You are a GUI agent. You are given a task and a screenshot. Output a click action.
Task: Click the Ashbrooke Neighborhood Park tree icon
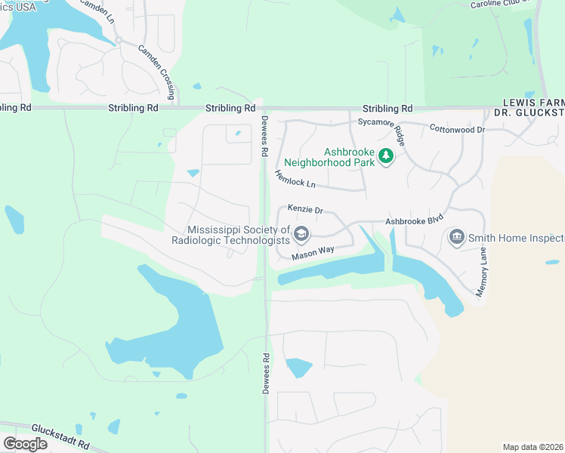[386, 156]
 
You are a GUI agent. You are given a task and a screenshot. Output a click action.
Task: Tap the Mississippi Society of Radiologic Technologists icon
[301, 234]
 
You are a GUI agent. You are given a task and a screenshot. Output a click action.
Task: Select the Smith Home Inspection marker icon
[455, 239]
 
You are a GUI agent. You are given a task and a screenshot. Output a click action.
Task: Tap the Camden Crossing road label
[157, 72]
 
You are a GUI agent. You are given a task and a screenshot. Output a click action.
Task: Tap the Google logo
[26, 443]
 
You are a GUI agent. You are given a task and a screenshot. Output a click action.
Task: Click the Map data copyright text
[533, 447]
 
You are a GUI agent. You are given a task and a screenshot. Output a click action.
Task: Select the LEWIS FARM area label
[534, 101]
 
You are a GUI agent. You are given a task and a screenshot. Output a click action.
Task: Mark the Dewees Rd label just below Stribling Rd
[264, 136]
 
